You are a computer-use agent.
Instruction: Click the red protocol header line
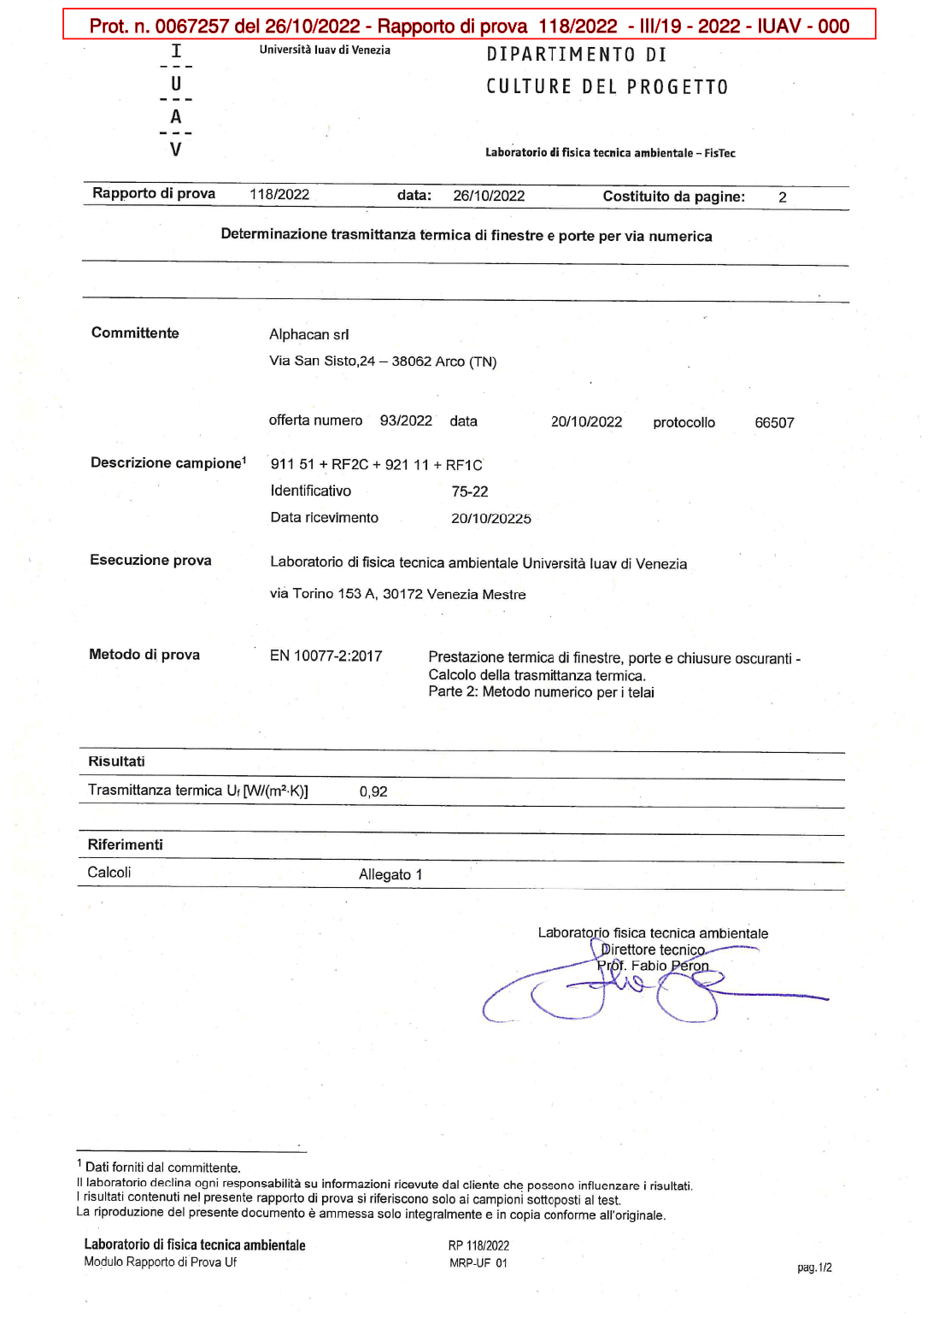(469, 26)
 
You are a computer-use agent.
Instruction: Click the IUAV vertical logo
(176, 101)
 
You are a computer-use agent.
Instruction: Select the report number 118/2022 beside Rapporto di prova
(279, 195)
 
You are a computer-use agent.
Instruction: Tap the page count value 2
(782, 197)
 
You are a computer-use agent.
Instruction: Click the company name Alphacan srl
(308, 334)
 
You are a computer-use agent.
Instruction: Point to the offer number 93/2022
(406, 420)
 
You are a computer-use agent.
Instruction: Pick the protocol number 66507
(774, 423)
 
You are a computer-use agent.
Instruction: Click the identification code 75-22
(470, 491)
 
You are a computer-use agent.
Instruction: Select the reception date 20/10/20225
(491, 519)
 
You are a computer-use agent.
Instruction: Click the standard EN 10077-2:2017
(326, 656)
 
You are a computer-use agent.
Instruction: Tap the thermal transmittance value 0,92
(373, 792)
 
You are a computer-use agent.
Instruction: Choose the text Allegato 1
(390, 874)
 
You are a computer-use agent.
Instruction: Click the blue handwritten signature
(632, 991)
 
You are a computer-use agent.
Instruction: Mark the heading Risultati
(116, 762)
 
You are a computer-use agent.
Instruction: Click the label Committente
(135, 333)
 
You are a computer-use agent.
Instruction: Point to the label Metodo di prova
(144, 655)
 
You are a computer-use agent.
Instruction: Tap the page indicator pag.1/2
(814, 1267)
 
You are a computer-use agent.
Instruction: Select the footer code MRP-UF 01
(478, 1263)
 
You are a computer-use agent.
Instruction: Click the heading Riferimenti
(125, 844)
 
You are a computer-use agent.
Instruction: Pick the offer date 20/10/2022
(586, 422)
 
